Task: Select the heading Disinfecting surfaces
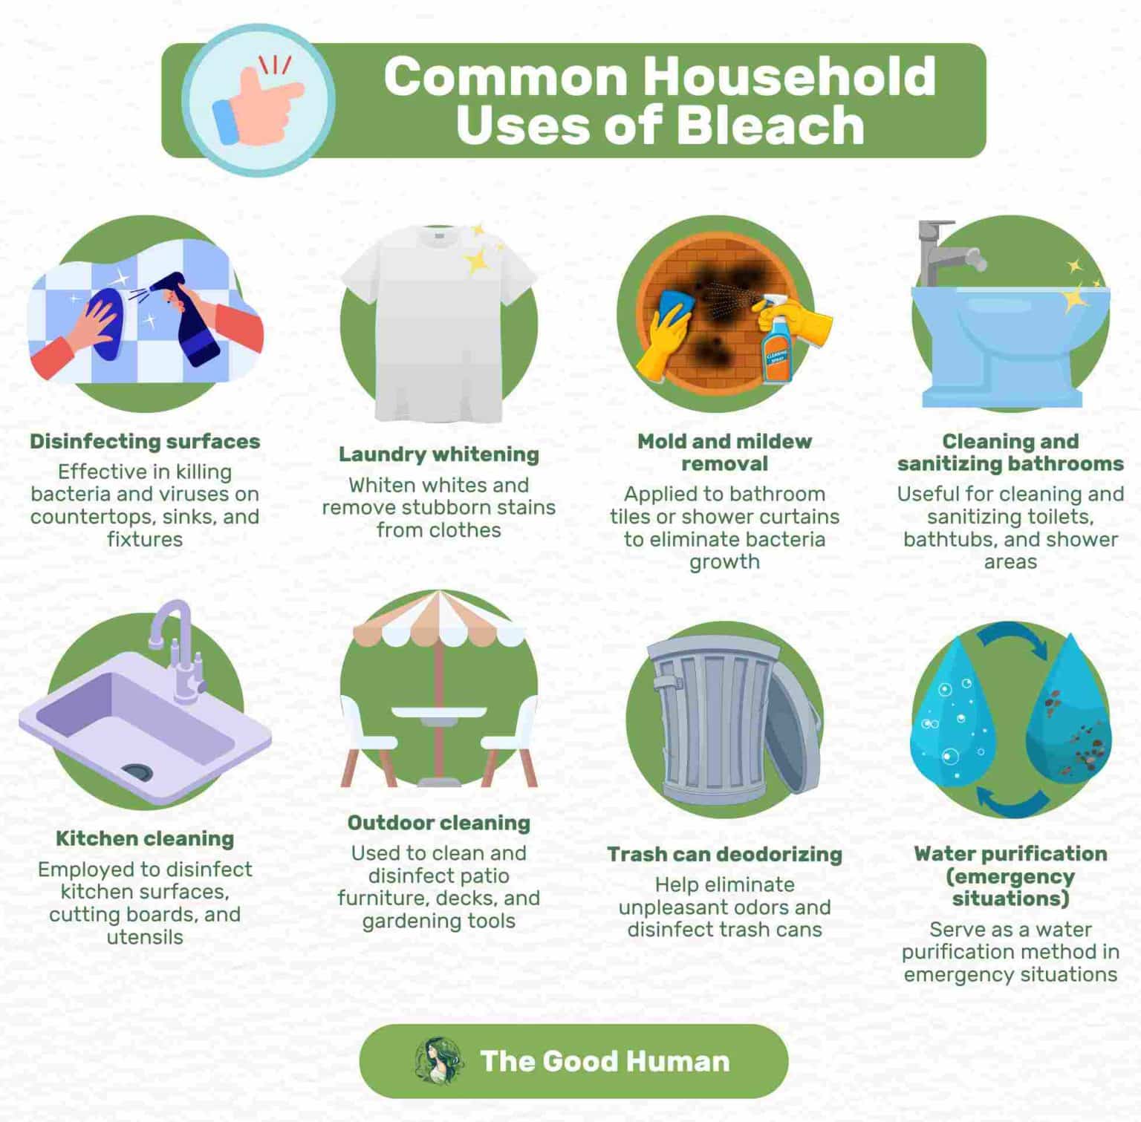point(145,441)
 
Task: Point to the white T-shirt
point(438,319)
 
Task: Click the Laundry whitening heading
point(438,454)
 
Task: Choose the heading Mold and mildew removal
point(724,452)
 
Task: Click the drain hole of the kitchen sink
point(137,772)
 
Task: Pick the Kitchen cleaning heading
point(145,839)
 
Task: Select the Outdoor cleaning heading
point(438,823)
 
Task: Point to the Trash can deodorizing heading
point(724,855)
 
